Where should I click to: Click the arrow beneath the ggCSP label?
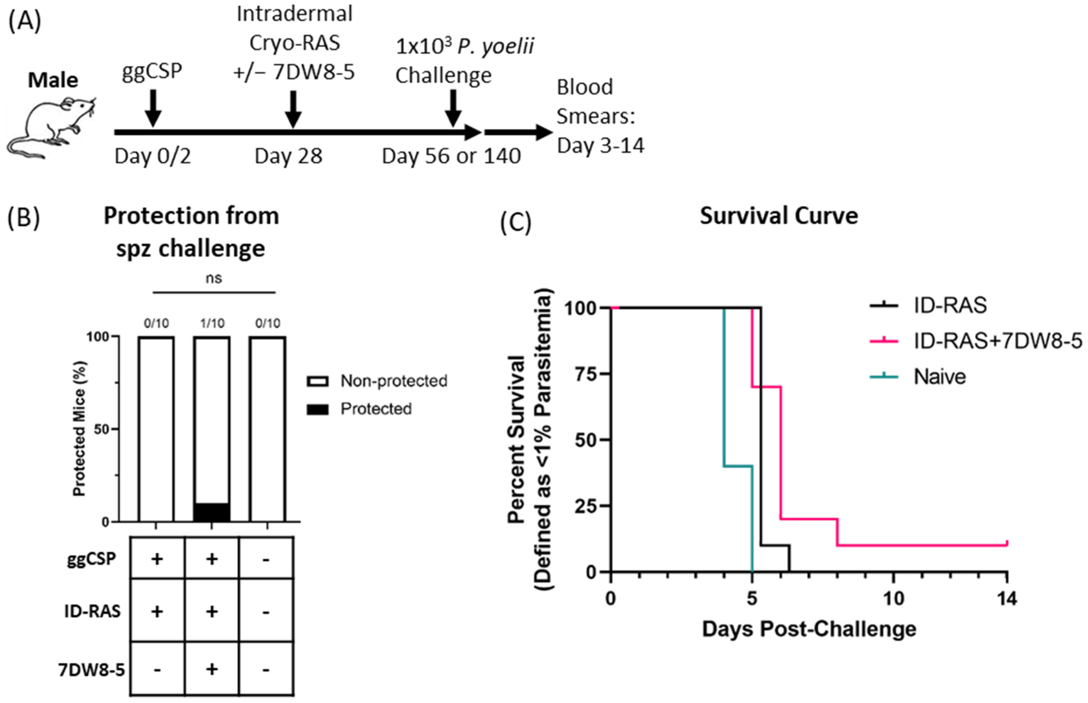pos(154,108)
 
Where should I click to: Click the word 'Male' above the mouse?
pos(53,80)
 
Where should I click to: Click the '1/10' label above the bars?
pos(212,323)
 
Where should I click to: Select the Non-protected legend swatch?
pos(317,381)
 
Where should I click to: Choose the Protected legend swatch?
pos(317,409)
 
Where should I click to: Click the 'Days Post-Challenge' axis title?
pos(809,629)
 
